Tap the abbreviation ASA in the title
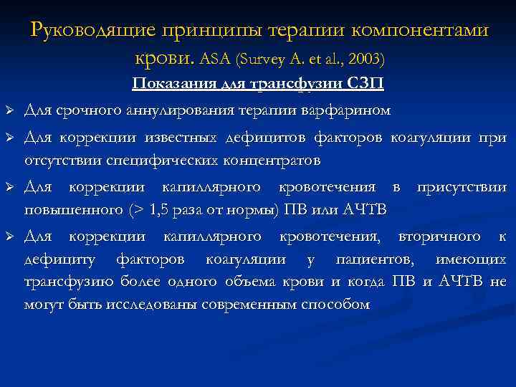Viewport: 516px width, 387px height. (215, 57)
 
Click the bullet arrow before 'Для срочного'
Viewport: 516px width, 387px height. (9, 111)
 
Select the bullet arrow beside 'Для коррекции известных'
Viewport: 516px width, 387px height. (9, 137)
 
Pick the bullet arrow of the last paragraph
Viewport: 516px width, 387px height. (9, 236)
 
